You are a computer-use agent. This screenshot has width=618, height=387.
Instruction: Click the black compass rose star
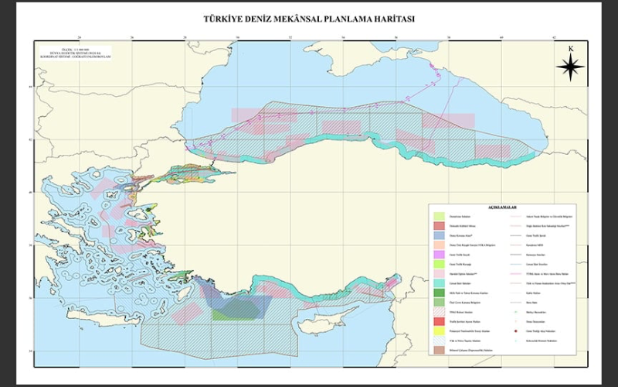[x=570, y=69]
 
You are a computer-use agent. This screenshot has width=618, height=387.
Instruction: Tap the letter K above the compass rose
[x=570, y=49]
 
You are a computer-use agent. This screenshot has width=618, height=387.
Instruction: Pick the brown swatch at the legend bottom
[x=439, y=349]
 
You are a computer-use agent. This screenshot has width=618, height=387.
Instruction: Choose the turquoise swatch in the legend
[x=439, y=283]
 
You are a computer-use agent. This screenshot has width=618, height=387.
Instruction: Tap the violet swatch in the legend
[x=439, y=254]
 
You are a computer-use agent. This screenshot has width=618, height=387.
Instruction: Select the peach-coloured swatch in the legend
[x=439, y=244]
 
